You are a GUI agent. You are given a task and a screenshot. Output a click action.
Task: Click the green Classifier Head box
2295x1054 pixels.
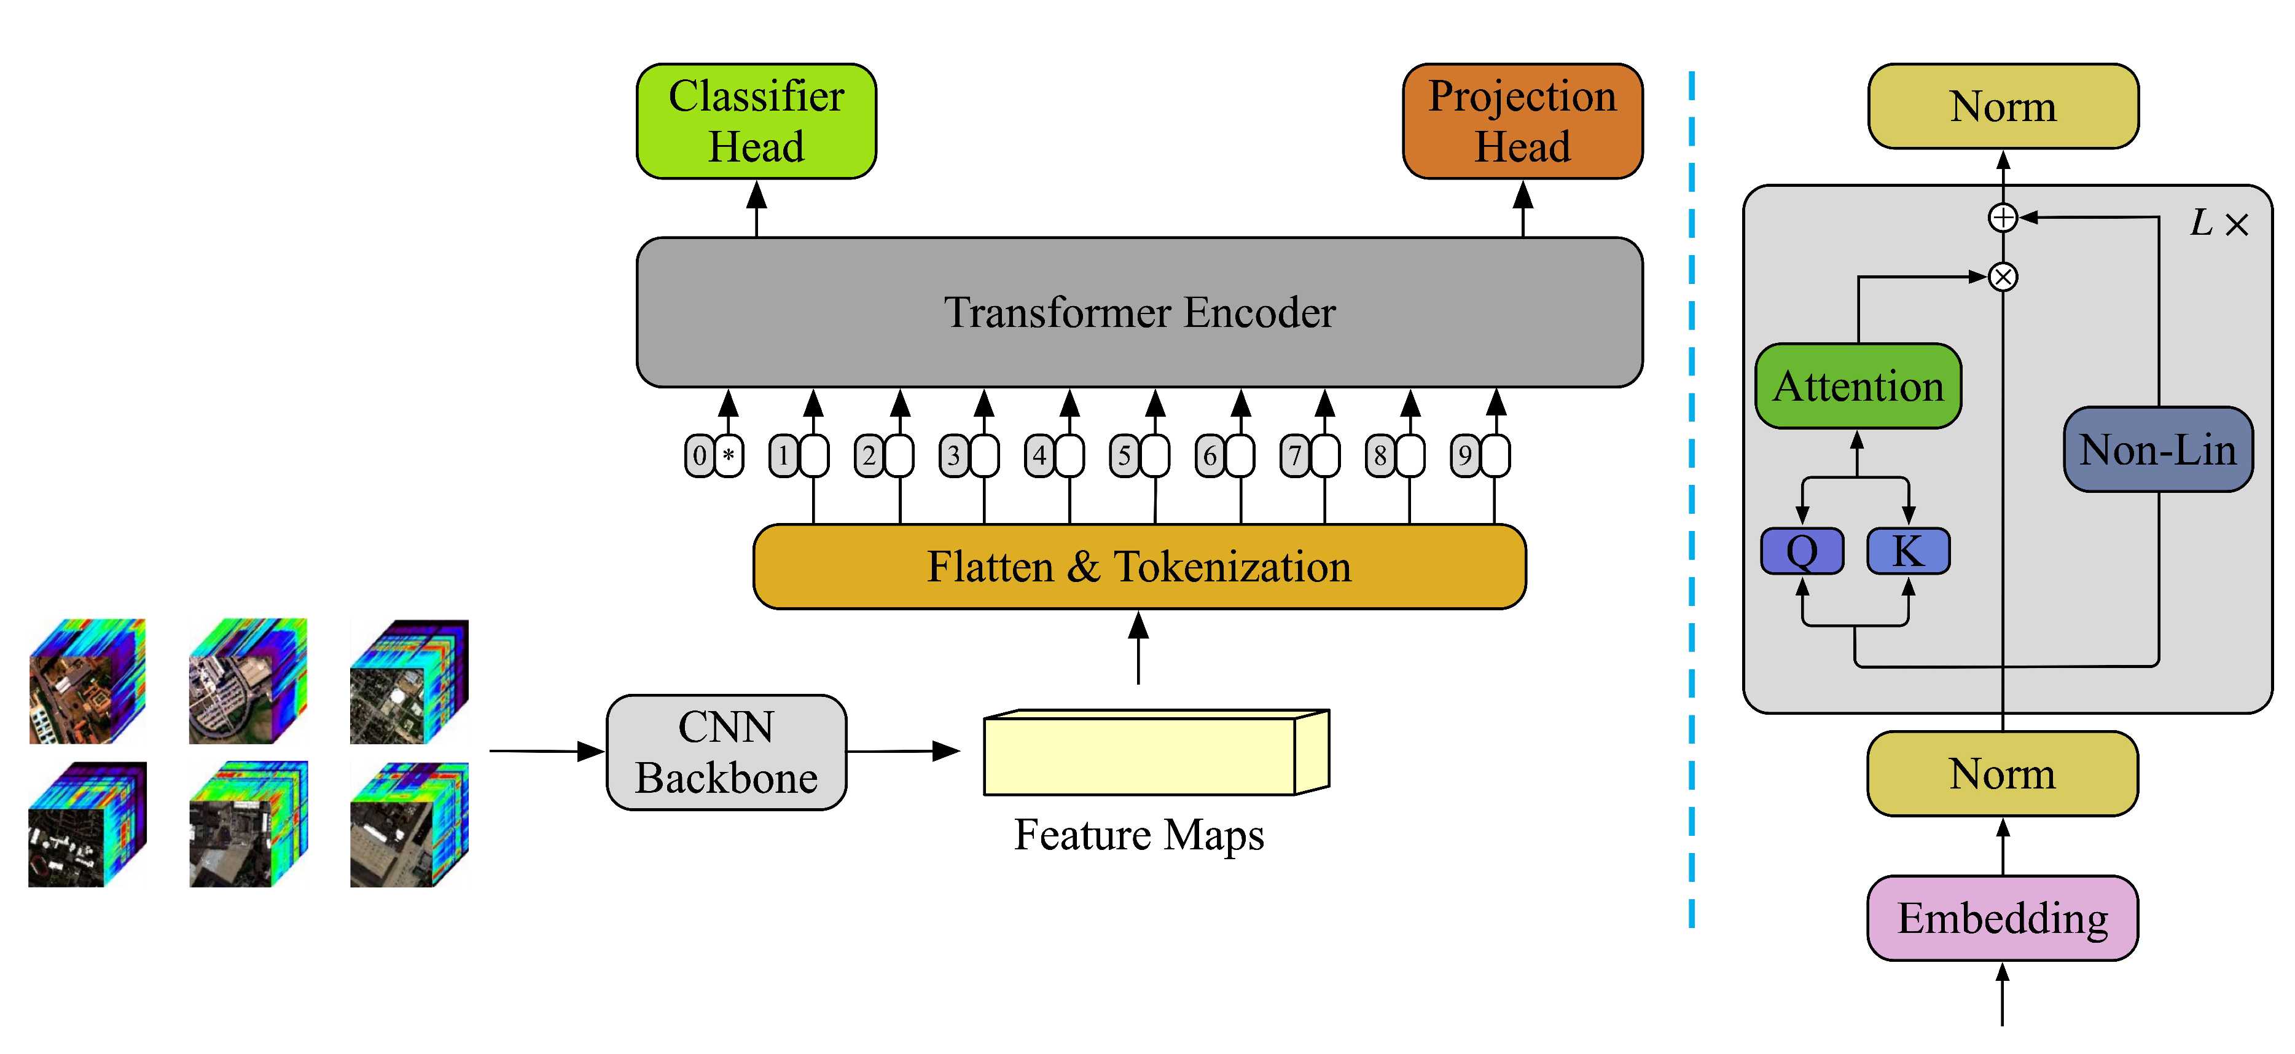click(x=756, y=120)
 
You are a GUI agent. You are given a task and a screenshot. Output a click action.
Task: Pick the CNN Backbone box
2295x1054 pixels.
click(x=726, y=752)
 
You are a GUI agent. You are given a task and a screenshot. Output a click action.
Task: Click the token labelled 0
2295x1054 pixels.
click(x=699, y=455)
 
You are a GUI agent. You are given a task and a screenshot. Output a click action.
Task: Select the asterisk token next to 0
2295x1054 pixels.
click(x=729, y=455)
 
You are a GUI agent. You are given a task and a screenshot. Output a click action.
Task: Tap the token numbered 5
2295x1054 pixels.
click(x=1124, y=455)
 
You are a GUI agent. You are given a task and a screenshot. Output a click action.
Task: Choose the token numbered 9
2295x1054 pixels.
click(x=1464, y=455)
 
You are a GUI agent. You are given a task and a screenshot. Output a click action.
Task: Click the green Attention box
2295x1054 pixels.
click(x=1858, y=386)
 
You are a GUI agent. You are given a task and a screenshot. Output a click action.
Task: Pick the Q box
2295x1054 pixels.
click(x=1802, y=551)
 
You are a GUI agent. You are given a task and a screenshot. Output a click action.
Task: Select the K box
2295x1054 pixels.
click(x=1907, y=551)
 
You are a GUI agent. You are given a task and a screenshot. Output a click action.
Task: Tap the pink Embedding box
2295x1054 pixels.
click(x=2002, y=918)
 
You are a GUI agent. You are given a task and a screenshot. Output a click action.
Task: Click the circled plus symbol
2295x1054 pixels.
click(x=2003, y=218)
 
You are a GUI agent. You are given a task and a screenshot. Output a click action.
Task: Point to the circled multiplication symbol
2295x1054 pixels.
click(x=2003, y=277)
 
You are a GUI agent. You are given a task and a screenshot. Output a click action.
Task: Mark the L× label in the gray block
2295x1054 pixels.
click(x=2218, y=222)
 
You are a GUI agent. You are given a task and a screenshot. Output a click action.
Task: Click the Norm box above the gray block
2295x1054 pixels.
click(x=2003, y=106)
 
